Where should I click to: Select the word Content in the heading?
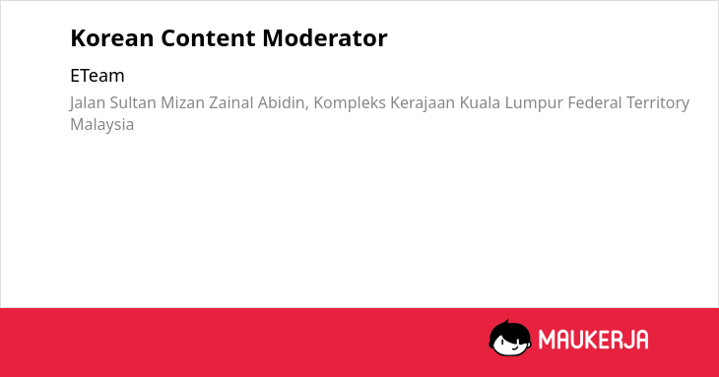pyautogui.click(x=208, y=38)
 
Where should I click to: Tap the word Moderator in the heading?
pyautogui.click(x=325, y=38)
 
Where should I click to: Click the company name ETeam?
pyautogui.click(x=98, y=76)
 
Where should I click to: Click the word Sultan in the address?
pyautogui.click(x=133, y=102)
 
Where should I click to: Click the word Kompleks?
pyautogui.click(x=350, y=103)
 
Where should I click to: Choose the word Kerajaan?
pyautogui.click(x=423, y=103)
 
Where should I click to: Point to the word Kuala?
pyautogui.click(x=480, y=102)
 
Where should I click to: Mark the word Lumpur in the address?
pyautogui.click(x=534, y=103)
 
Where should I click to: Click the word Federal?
pyautogui.click(x=594, y=102)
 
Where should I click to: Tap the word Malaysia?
pyautogui.click(x=101, y=125)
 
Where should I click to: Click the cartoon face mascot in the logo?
pyautogui.click(x=510, y=339)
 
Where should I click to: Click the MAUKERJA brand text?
pyautogui.click(x=593, y=340)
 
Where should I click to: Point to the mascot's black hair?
pyautogui.click(x=509, y=330)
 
